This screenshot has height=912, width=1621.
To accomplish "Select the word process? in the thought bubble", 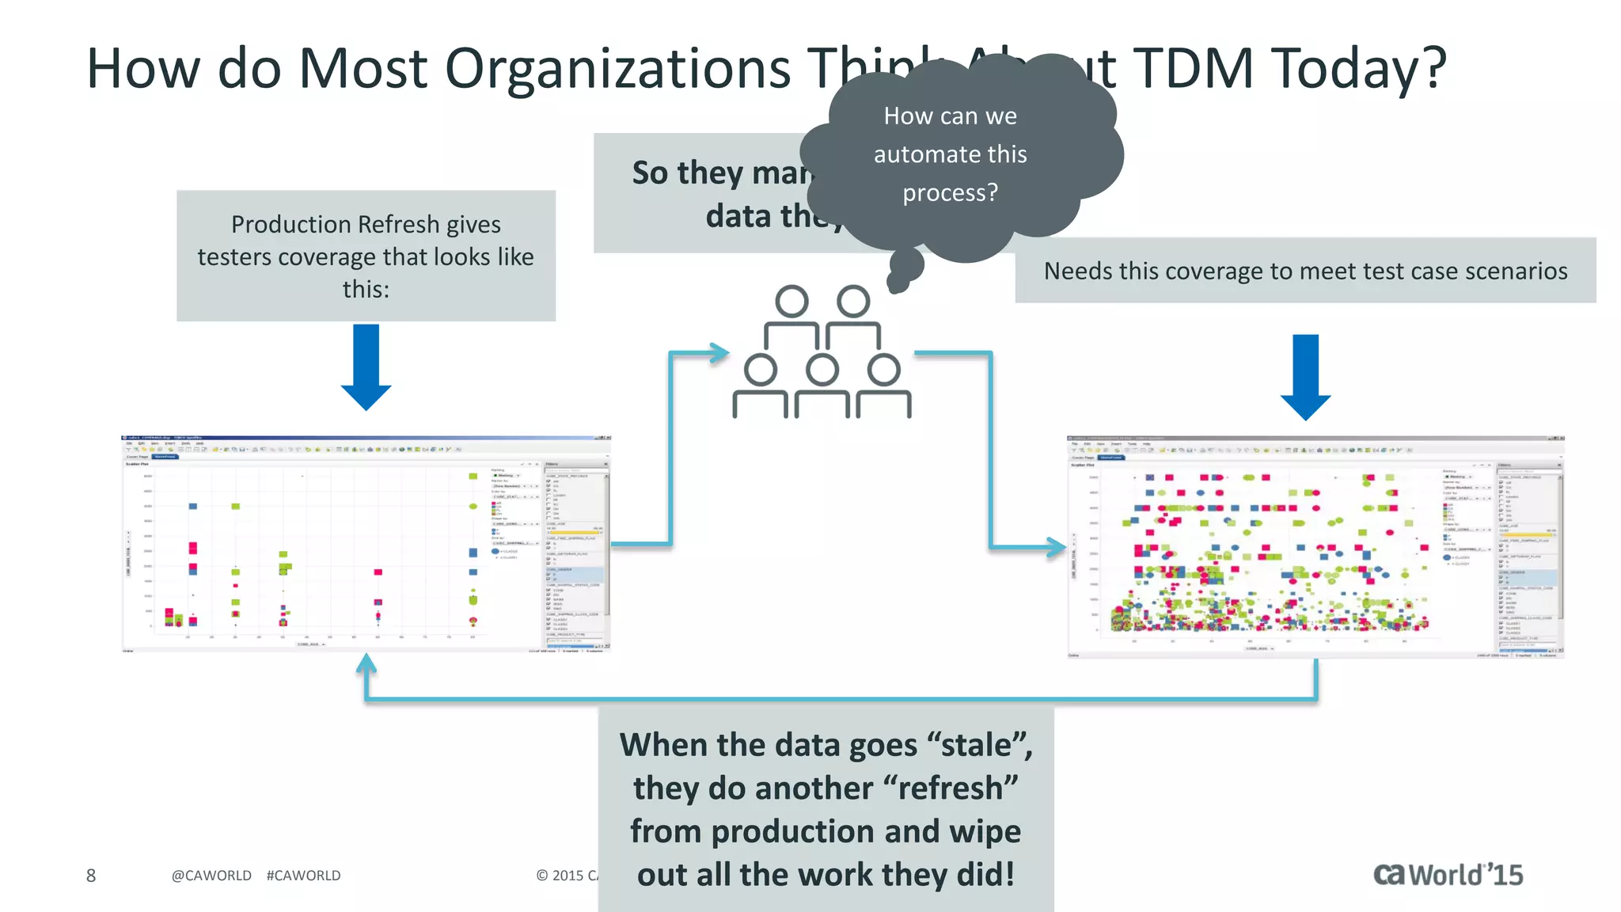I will pyautogui.click(x=950, y=192).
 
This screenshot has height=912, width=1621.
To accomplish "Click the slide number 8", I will pyautogui.click(x=91, y=876).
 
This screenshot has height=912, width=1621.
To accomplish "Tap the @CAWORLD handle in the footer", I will pyautogui.click(x=211, y=876).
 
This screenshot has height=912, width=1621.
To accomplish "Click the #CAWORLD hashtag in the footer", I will pyautogui.click(x=303, y=876).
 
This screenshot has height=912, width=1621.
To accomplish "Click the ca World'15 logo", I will pyautogui.click(x=1448, y=875).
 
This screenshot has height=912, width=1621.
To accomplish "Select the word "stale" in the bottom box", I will pyautogui.click(x=979, y=746).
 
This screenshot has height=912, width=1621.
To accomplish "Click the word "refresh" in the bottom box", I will pyautogui.click(x=949, y=788).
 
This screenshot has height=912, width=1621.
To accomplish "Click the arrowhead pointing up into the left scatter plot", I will pyautogui.click(x=366, y=663).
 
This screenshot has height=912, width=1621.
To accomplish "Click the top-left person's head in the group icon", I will pyautogui.click(x=792, y=302).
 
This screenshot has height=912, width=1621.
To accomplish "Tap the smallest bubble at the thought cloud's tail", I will pyautogui.click(x=898, y=283).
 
